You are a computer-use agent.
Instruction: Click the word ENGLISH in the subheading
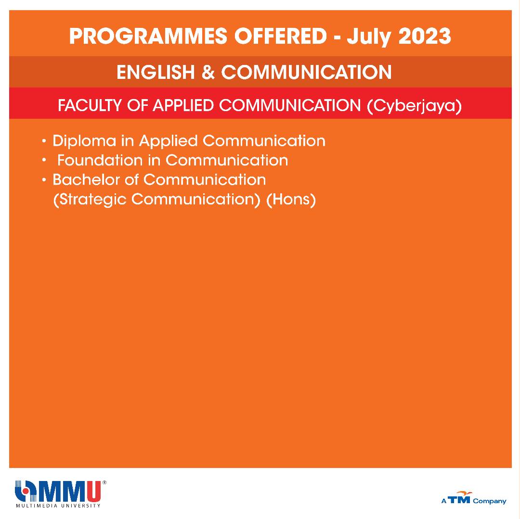pyautogui.click(x=156, y=72)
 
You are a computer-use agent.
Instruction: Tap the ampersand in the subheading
pyautogui.click(x=208, y=72)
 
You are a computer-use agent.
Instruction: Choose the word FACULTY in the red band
pyautogui.click(x=89, y=105)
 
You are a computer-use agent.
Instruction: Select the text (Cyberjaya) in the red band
pyautogui.click(x=414, y=106)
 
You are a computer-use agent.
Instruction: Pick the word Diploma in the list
pyautogui.click(x=84, y=141)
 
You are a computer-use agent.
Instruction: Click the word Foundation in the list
pyautogui.click(x=100, y=160)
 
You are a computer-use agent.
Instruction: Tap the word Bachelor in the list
pyautogui.click(x=86, y=179)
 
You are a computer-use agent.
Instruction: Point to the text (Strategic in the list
pyautogui.click(x=90, y=200)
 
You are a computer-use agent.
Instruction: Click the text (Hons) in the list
pyautogui.click(x=291, y=200)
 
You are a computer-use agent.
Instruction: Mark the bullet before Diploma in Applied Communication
pyautogui.click(x=44, y=141)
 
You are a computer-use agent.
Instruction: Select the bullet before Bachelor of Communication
pyautogui.click(x=44, y=180)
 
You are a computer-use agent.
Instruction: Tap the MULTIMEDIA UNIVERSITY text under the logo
pyautogui.click(x=58, y=506)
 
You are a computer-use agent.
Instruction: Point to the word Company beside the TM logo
pyautogui.click(x=490, y=501)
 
